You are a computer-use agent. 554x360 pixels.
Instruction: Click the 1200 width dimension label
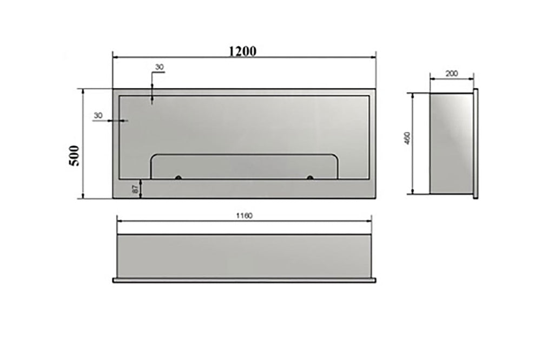point(243,51)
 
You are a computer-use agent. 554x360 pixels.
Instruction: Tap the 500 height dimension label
point(75,155)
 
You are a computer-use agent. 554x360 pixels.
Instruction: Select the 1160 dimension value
point(245,215)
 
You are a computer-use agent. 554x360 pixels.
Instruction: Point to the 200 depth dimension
point(452,74)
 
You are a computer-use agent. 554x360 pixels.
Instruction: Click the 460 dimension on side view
point(407,138)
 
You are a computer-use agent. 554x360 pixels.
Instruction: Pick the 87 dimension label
point(135,189)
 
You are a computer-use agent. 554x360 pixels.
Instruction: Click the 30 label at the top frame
point(160,67)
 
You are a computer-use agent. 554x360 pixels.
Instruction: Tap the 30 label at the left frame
point(98,115)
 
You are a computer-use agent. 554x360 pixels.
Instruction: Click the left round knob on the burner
point(179,177)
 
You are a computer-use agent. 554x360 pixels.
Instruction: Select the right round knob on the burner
point(310,177)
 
